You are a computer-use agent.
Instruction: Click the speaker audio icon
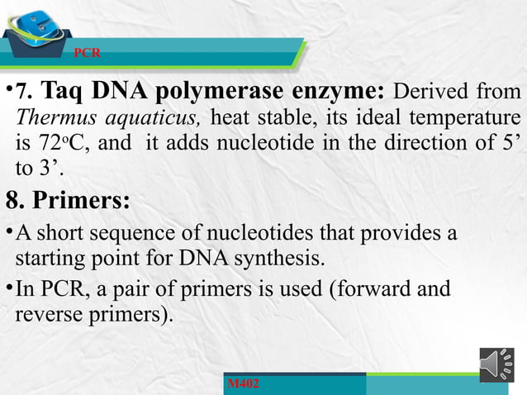click(x=496, y=365)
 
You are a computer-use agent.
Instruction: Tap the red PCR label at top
click(x=88, y=53)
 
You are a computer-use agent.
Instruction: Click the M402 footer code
click(x=243, y=384)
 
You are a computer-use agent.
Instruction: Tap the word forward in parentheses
click(x=375, y=288)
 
